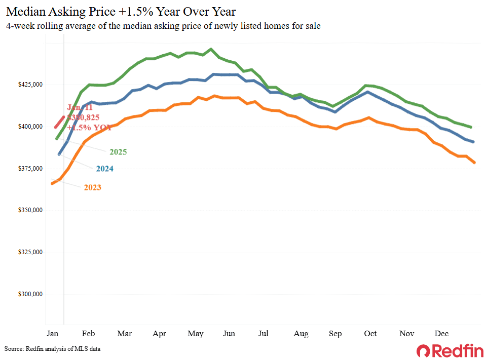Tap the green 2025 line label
(x=118, y=152)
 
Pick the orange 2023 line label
(x=92, y=187)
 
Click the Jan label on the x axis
(x=52, y=334)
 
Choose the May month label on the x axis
(x=196, y=334)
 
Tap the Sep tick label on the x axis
(x=335, y=334)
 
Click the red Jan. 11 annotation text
(x=80, y=108)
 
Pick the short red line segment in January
(x=59, y=122)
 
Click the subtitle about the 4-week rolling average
(x=163, y=26)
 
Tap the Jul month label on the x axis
(x=264, y=334)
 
